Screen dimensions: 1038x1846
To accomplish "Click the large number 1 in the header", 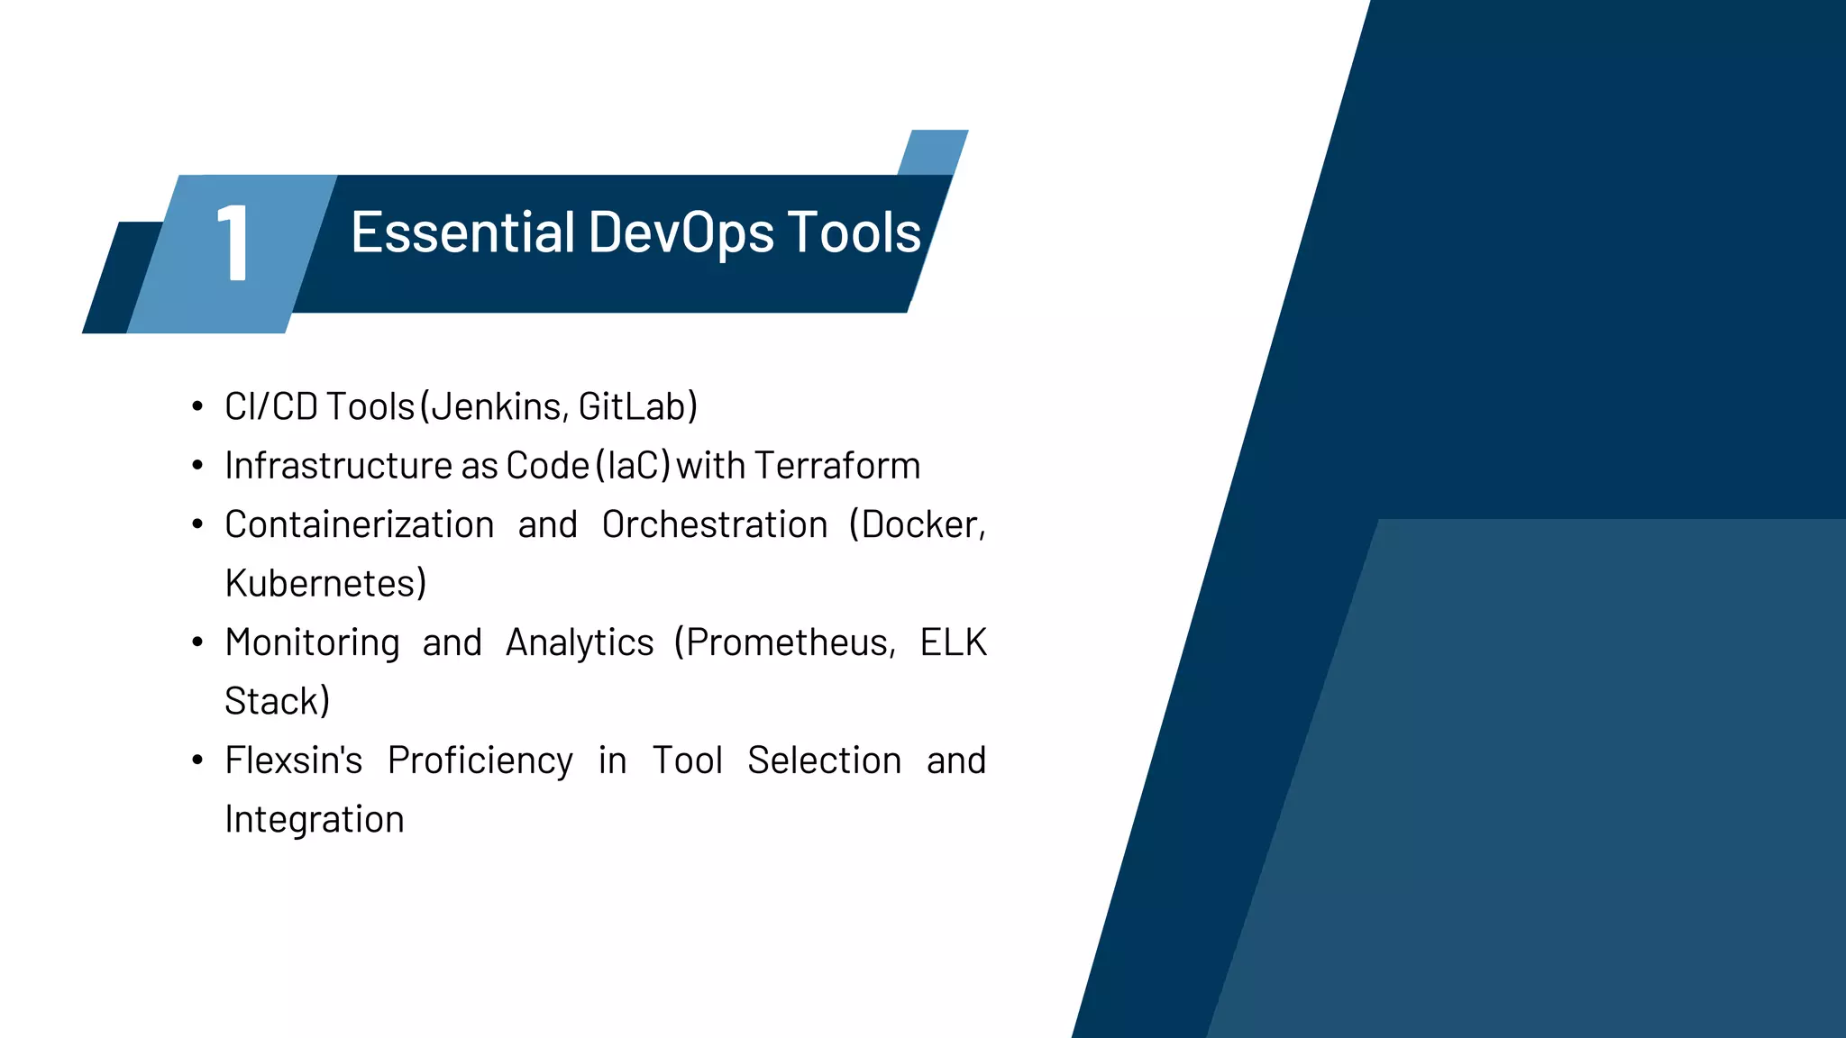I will (x=233, y=242).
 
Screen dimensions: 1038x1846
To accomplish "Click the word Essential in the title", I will (x=462, y=232).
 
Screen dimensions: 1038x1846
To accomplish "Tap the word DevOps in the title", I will (x=681, y=232).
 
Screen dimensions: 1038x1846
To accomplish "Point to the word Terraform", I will (x=837, y=466).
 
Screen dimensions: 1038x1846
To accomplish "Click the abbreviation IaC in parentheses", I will (x=633, y=466).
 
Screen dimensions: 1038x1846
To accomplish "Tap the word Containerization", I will (x=359, y=525).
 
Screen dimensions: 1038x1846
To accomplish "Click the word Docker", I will (x=919, y=525).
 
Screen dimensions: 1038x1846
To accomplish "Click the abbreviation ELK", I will (x=953, y=643).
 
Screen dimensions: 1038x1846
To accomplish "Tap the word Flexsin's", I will (x=293, y=760).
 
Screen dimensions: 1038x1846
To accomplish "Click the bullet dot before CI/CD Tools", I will (x=197, y=407).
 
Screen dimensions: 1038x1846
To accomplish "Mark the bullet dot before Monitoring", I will (x=197, y=642).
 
